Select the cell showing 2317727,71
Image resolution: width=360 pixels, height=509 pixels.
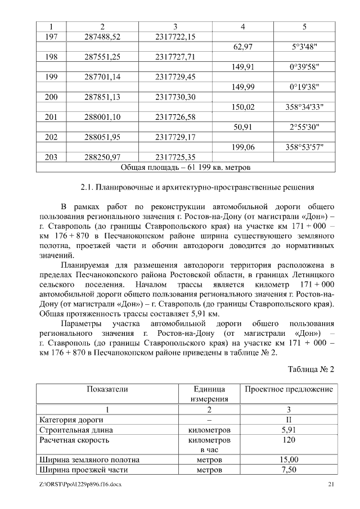click(175, 57)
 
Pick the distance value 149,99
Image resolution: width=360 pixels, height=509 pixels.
click(242, 87)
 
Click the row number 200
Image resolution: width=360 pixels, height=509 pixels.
click(51, 97)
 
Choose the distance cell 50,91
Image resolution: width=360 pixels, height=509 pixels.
click(242, 127)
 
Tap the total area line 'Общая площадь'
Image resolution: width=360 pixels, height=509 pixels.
click(186, 167)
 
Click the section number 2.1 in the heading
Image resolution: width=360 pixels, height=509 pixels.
click(87, 187)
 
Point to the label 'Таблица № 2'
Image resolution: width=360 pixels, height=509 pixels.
click(311, 370)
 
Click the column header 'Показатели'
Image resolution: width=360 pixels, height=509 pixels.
click(107, 389)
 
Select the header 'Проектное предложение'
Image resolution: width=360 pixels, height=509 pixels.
click(289, 389)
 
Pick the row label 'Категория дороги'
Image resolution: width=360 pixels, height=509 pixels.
click(71, 420)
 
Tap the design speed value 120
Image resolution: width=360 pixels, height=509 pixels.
click(289, 440)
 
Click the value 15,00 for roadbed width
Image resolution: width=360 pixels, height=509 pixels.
click(289, 460)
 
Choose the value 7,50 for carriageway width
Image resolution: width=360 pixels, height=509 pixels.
click(289, 470)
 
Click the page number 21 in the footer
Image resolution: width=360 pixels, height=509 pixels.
click(331, 485)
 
